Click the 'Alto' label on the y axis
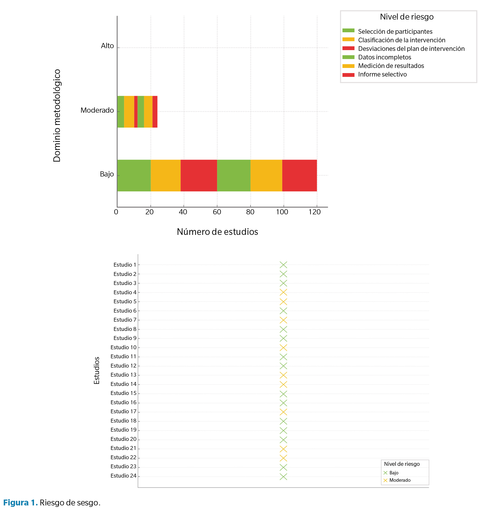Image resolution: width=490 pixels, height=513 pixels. [x=107, y=46]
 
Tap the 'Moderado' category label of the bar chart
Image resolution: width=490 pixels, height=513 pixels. [x=97, y=110]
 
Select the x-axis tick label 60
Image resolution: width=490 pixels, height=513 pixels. [x=217, y=212]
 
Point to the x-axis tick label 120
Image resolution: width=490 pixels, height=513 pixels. [x=315, y=212]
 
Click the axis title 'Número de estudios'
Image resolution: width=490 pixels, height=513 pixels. [x=217, y=232]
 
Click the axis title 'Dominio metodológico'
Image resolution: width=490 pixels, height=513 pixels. [x=57, y=116]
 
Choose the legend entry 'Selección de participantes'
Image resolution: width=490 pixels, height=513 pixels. [x=395, y=32]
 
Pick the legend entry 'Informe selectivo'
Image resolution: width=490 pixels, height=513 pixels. [x=382, y=74]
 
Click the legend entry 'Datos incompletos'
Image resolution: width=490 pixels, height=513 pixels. [x=385, y=57]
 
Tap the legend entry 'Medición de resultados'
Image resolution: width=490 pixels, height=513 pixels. [x=391, y=66]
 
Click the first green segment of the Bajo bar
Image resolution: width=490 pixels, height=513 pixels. [x=134, y=175]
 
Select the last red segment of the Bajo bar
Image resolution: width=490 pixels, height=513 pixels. [x=299, y=175]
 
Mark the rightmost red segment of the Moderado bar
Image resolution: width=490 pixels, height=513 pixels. [x=155, y=112]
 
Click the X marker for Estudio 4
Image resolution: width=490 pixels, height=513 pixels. [x=283, y=292]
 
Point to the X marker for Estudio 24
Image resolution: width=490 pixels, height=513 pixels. [x=283, y=477]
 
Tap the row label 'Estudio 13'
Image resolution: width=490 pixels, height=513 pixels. [x=123, y=375]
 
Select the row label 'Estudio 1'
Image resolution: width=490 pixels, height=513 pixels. [x=125, y=265]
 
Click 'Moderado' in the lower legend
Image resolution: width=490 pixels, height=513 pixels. [x=400, y=480]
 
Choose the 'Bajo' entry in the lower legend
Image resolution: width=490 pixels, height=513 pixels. [x=394, y=473]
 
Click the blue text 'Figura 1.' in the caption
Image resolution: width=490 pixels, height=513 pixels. [x=20, y=502]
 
